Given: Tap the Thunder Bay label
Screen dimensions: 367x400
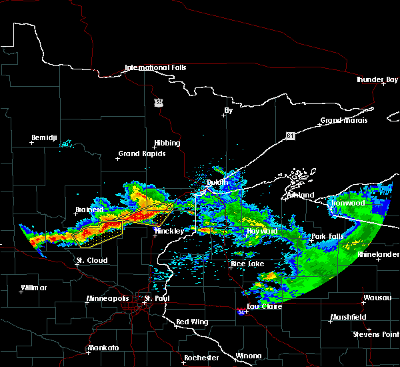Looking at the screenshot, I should click(x=377, y=79).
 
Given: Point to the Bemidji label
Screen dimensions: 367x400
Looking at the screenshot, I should click(x=45, y=138).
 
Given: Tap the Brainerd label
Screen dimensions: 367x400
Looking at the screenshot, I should click(x=90, y=210).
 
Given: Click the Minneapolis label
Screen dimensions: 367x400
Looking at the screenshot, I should click(x=111, y=298).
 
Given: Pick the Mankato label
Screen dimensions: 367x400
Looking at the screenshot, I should click(x=103, y=348).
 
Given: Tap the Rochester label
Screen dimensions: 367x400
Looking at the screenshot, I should click(x=201, y=358).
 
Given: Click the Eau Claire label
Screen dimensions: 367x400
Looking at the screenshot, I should click(x=265, y=306).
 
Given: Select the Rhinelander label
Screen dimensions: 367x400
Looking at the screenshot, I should click(x=378, y=255).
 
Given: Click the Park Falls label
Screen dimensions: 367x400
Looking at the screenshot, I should click(x=327, y=237).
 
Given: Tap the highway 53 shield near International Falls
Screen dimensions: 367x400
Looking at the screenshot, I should click(x=158, y=102).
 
